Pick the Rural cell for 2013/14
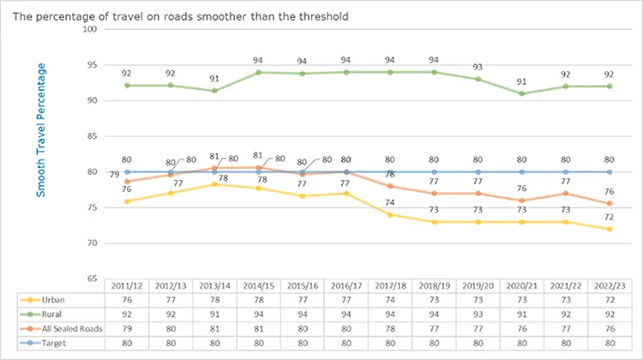pyautogui.click(x=215, y=315)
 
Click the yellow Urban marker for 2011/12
pyautogui.click(x=127, y=201)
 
